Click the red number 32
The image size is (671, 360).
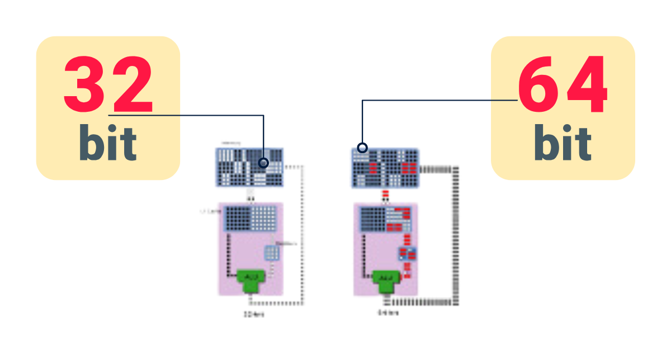[x=108, y=85]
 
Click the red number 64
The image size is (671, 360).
[x=563, y=85]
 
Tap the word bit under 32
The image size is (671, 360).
[x=108, y=143]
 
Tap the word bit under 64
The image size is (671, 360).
[x=563, y=143]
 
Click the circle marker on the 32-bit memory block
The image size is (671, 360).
[x=264, y=163]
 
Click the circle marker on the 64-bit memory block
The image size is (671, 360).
[x=362, y=148]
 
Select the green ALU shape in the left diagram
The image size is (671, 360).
[x=250, y=279]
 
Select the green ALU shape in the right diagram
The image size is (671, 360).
[x=385, y=279]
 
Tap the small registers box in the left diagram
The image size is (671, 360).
[x=271, y=253]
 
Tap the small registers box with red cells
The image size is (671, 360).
[x=407, y=254]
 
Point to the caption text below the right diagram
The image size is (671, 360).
[x=388, y=313]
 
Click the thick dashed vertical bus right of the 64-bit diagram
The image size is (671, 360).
[x=455, y=235]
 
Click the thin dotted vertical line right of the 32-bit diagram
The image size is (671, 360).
[x=303, y=235]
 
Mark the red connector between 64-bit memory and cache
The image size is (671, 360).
[x=385, y=195]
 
